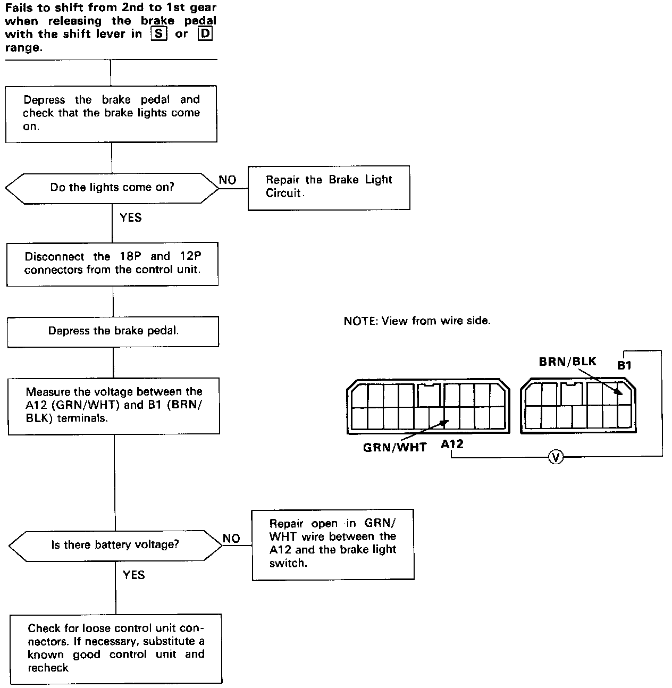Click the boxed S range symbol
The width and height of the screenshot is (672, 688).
coord(158,34)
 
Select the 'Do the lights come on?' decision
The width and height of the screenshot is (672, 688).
coord(112,188)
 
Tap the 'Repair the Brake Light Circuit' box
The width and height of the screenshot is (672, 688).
coord(329,187)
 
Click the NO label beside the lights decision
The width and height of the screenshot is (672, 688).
coord(228,180)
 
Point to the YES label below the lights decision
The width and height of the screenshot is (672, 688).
coord(131,217)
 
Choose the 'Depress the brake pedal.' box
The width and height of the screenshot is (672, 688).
coord(113,331)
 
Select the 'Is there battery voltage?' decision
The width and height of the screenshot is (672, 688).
coord(115,545)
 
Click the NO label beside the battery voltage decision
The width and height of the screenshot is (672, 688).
coord(231,538)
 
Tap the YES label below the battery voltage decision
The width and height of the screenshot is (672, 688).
coord(134,575)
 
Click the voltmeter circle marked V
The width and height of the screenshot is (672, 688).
coord(556,457)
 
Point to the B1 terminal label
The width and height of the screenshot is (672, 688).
coord(624,365)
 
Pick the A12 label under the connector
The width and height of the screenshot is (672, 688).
coord(452,444)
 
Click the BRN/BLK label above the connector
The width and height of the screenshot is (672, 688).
coord(568,362)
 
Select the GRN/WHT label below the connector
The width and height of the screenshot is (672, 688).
coord(394,447)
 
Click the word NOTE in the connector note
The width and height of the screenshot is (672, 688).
coord(360,321)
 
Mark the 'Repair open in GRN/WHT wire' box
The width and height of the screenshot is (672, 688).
coord(333,543)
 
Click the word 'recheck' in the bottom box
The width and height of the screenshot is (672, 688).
coord(48,667)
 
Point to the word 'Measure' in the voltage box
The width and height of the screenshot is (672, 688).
coord(48,392)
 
